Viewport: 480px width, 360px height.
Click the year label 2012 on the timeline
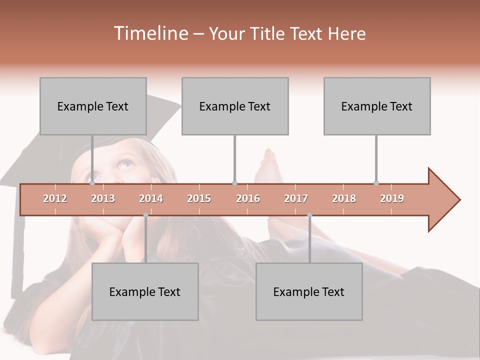(55, 198)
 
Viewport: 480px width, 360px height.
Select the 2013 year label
(103, 198)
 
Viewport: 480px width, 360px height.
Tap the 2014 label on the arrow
(151, 198)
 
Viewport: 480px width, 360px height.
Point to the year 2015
(199, 198)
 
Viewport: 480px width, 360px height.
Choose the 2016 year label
(248, 198)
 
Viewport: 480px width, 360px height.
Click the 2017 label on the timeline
(296, 198)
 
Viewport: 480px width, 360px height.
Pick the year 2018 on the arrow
(344, 198)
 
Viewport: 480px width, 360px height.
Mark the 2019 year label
(392, 198)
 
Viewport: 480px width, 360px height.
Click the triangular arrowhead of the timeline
(443, 200)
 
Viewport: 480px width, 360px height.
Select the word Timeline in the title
(150, 33)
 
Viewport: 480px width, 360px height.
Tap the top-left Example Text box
(93, 106)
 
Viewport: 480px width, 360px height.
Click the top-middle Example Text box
(235, 106)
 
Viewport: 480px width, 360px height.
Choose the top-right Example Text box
(377, 106)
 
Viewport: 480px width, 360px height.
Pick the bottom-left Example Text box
(145, 291)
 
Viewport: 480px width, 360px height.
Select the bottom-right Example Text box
(309, 291)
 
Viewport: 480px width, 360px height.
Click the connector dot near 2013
(92, 183)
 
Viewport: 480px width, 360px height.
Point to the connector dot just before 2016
(234, 183)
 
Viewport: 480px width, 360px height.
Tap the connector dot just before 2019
(376, 183)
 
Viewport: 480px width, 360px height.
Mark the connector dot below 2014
(145, 215)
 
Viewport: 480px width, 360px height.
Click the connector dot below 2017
(309, 215)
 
